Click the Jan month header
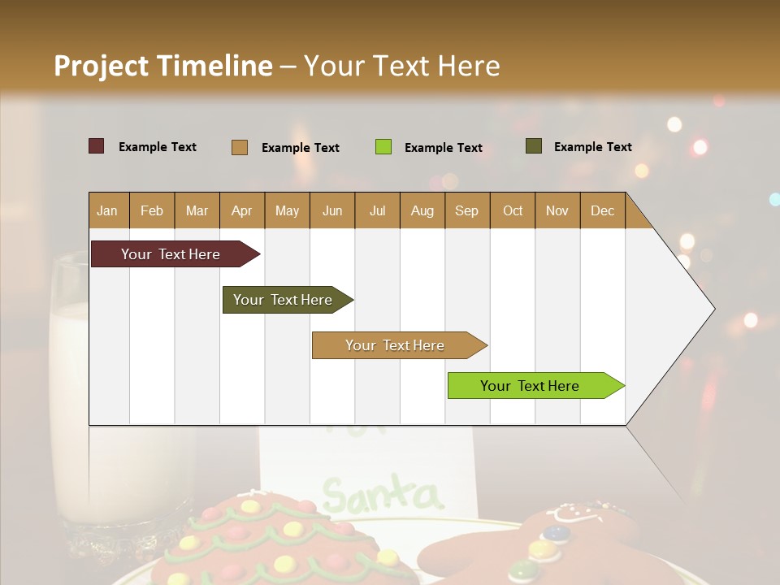[x=108, y=210]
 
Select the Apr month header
[x=242, y=210]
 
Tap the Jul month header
[x=377, y=210]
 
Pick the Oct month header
[x=513, y=210]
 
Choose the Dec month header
[x=602, y=210]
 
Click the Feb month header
[x=152, y=210]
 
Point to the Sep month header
[x=467, y=210]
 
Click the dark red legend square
[x=97, y=146]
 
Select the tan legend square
[x=240, y=147]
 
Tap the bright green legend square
[x=383, y=147]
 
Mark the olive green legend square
[x=534, y=146]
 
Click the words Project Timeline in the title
[x=163, y=66]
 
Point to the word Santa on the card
[x=382, y=493]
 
